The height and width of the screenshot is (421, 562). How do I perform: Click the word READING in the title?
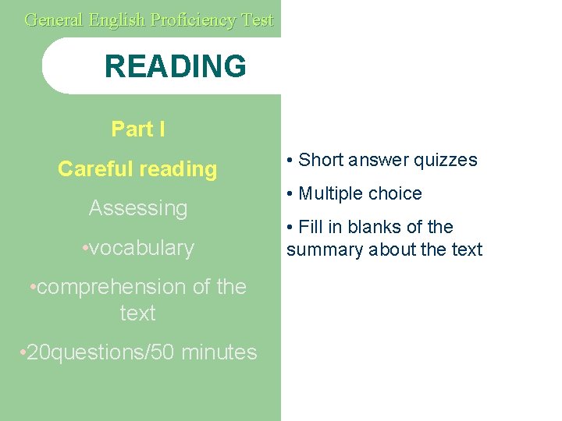coord(175,66)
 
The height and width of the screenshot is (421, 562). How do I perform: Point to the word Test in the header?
coord(257,19)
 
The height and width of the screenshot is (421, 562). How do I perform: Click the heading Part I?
coord(138,129)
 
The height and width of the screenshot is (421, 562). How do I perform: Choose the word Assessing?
coord(138,208)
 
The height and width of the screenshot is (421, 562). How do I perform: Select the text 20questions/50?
coord(101,352)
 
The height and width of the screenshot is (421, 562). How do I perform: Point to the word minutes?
coord(219,352)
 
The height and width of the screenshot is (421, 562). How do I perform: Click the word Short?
coord(322,160)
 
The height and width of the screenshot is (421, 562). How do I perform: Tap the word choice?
coord(398,193)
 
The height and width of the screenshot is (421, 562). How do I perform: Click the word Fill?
coord(310,227)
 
